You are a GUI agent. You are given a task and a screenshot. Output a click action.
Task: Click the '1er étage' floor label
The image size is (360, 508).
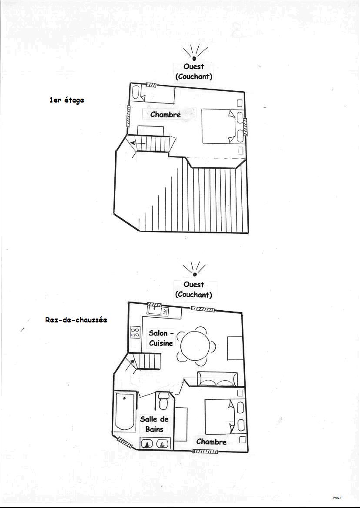pos(67,100)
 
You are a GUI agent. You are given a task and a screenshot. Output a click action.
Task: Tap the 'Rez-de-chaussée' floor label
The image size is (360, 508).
pos(76,320)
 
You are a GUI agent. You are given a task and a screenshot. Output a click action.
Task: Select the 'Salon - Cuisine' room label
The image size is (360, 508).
pos(161,338)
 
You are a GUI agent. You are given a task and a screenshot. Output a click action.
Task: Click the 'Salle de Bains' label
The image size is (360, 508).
pos(154,424)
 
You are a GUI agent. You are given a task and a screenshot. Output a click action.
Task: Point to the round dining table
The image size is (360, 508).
pos(194,346)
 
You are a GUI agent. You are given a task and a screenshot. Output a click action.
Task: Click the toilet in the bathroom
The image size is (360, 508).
pos(163,401)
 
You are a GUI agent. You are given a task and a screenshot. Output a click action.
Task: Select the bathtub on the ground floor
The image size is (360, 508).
pos(125,412)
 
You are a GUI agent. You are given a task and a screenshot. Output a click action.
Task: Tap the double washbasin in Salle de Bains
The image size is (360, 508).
pos(155,443)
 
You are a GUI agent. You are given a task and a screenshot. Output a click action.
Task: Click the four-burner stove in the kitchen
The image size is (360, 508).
pos(135,332)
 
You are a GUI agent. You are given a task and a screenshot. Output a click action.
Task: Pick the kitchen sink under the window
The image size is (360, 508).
pos(158,311)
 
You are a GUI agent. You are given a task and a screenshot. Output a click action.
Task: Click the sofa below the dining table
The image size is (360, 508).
pos(217,379)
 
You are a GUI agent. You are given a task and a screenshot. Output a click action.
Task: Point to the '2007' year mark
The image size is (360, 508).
pos(337,498)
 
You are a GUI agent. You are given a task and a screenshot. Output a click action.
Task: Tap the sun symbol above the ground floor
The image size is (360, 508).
pos(194,269)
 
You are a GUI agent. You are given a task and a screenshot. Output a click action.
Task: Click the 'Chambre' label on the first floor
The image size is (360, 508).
pos(165,114)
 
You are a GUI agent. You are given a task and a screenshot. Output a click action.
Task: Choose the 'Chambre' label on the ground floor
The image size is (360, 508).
pos(211,442)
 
